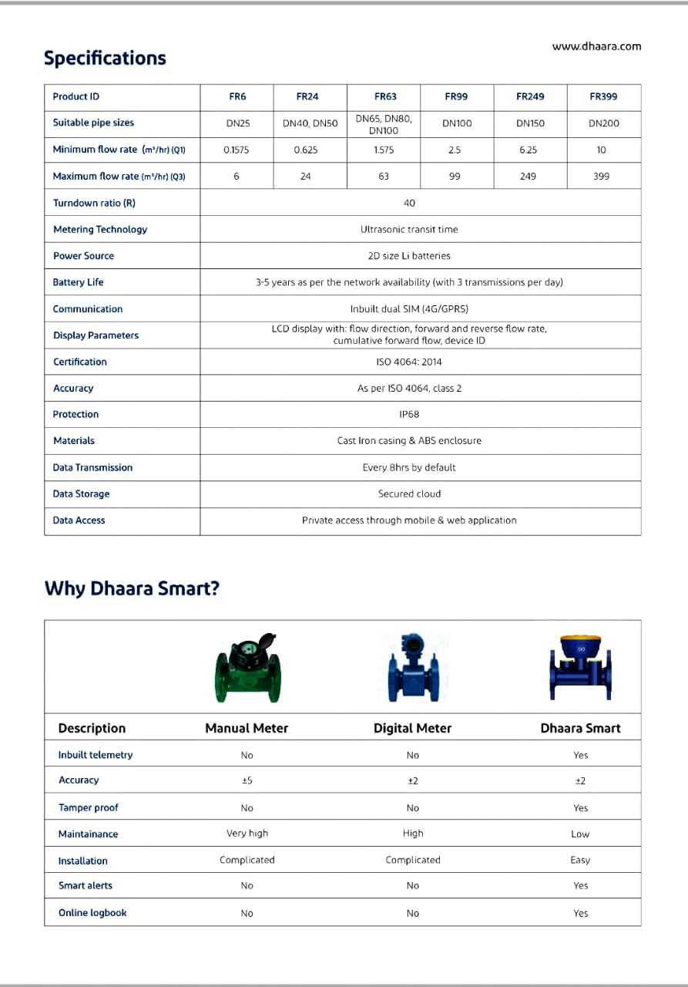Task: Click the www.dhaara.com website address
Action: [x=596, y=46]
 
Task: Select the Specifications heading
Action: [x=105, y=59]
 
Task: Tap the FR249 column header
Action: [x=530, y=96]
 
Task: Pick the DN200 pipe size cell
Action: [x=603, y=123]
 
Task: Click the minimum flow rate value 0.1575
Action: [x=236, y=150]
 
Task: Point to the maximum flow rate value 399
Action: [x=602, y=177]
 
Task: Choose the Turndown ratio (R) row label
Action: [x=94, y=203]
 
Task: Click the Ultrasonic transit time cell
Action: [x=409, y=229]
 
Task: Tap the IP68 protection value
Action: [x=409, y=414]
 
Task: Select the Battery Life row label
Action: [x=78, y=282]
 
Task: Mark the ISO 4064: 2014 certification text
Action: [x=409, y=362]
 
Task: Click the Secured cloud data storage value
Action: [x=409, y=493]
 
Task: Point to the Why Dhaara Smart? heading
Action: [x=132, y=588]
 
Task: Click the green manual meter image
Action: [x=247, y=666]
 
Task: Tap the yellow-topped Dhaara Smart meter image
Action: [x=580, y=667]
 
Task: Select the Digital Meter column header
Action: [x=412, y=728]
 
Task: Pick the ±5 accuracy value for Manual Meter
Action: [x=247, y=780]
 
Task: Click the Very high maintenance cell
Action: [x=247, y=834]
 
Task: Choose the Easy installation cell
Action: [x=580, y=860]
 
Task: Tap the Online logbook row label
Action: [x=92, y=913]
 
